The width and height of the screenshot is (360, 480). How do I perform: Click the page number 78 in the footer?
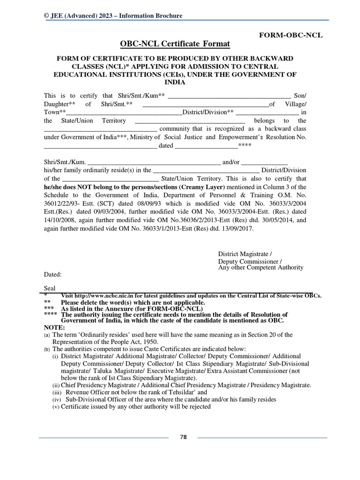click(183, 437)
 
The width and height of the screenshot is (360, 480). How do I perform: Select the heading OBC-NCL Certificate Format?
click(175, 44)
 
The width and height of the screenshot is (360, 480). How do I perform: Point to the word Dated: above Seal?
click(52, 275)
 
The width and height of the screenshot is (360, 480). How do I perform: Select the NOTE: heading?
click(54, 327)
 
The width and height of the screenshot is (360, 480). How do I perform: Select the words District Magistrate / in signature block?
click(245, 254)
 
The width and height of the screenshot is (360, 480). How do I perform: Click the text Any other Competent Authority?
click(261, 268)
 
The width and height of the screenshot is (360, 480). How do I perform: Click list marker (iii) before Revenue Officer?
click(56, 392)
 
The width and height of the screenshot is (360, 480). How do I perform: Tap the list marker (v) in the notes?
click(55, 406)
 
